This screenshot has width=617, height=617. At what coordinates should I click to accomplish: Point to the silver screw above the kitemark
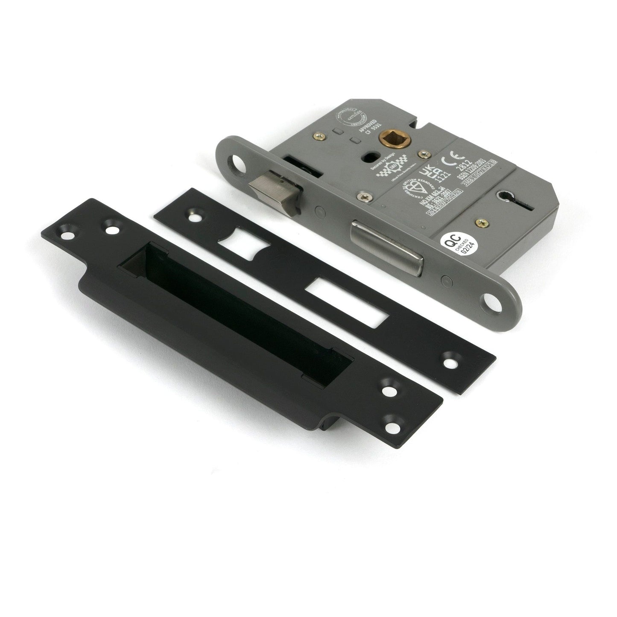(366, 197)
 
